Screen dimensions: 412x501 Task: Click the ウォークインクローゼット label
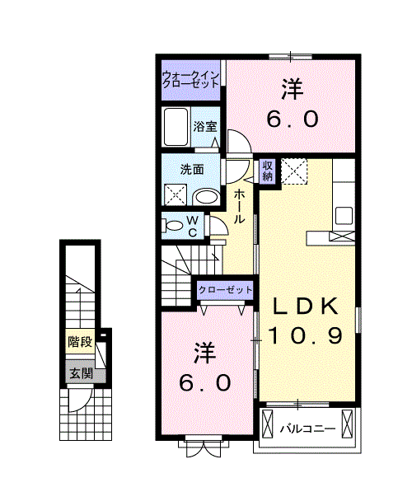[190, 80]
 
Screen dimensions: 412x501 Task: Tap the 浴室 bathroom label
[205, 127]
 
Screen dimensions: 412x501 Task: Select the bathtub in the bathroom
[176, 127]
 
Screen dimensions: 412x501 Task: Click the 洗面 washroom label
[192, 170]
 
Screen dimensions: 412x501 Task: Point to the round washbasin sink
[207, 196]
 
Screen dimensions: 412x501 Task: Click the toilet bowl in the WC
[172, 226]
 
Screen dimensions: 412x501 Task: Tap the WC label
[193, 227]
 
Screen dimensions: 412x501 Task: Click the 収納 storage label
[267, 171]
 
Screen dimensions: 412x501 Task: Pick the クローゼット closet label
[226, 290]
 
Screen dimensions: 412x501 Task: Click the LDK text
[305, 306]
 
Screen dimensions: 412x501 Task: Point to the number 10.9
[305, 335]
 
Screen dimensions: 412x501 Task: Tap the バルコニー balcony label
[308, 428]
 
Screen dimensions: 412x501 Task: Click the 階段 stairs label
[80, 342]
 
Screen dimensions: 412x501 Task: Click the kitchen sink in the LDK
[344, 216]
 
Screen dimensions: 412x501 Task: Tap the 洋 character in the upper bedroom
[293, 90]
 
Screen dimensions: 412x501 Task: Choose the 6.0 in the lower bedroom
[205, 383]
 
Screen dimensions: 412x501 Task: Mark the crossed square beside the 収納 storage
[294, 171]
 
